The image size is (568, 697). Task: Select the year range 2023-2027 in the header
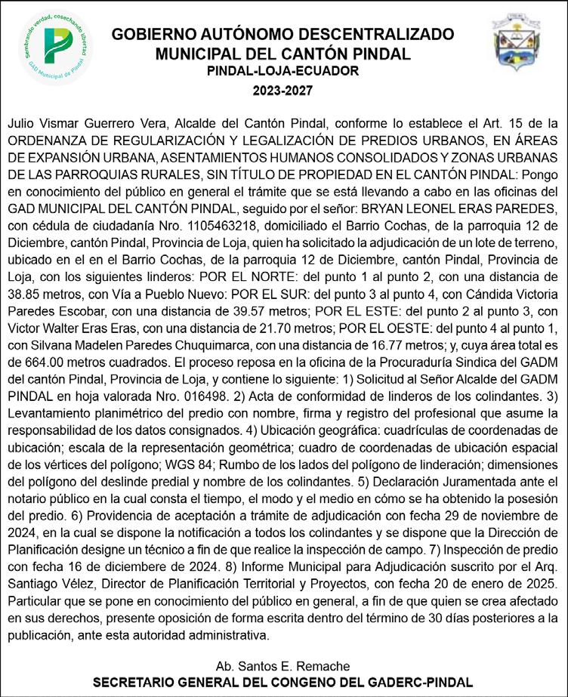coord(282,90)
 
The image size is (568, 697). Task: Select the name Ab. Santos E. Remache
coord(282,666)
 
